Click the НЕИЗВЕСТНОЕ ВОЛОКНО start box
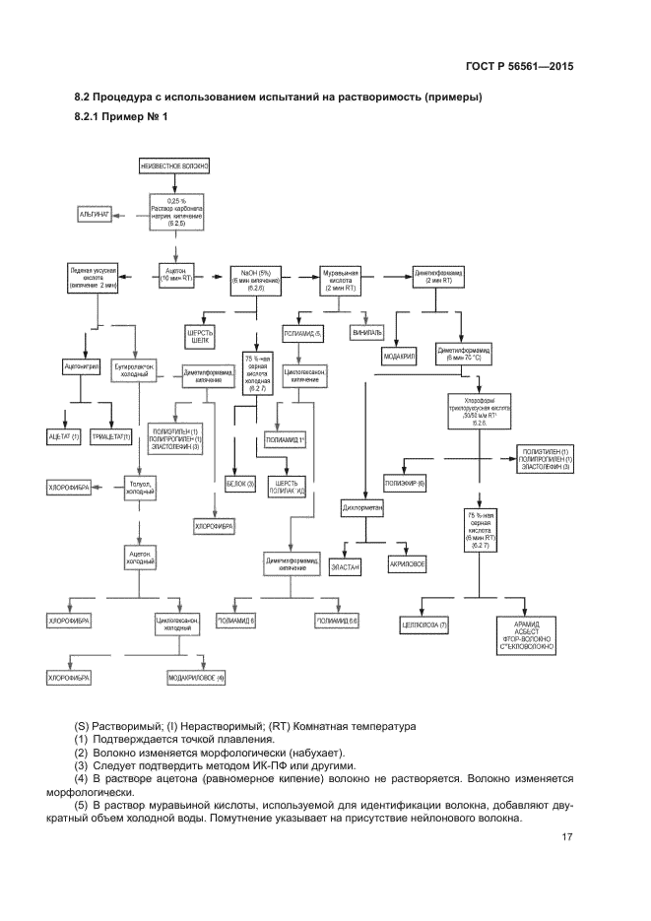(x=174, y=166)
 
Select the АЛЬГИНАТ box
(x=95, y=213)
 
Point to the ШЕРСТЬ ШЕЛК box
(x=201, y=335)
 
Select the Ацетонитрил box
(x=82, y=364)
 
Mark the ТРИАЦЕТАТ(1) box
(x=112, y=434)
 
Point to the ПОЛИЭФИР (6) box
(x=406, y=484)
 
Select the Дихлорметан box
(x=362, y=509)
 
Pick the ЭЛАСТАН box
(x=346, y=568)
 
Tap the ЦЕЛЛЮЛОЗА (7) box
(x=426, y=625)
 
